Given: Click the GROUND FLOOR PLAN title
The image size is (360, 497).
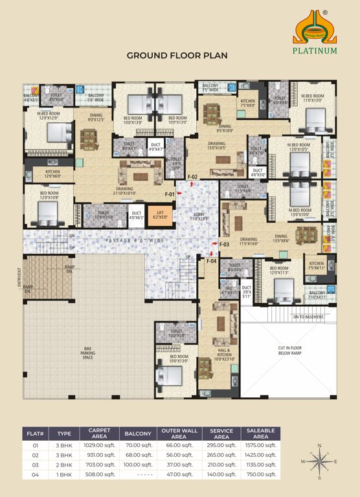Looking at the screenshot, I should pos(177,56).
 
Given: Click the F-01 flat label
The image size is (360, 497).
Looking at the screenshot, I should pos(170,194).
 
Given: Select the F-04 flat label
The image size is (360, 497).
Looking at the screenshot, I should pos(211,261).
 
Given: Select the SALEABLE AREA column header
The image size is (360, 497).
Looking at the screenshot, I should pos(261,433).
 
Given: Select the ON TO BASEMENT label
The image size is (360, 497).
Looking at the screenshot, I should pos(308,317).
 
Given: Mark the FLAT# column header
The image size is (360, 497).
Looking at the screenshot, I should pos(34,433).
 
